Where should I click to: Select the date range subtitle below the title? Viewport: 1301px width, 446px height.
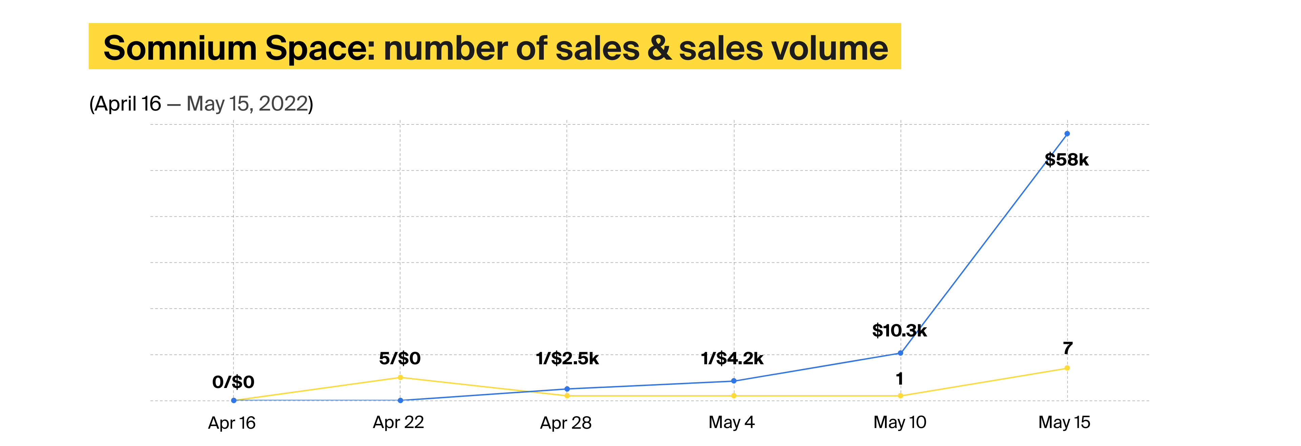click(x=201, y=104)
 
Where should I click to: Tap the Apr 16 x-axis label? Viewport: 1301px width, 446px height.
click(x=232, y=423)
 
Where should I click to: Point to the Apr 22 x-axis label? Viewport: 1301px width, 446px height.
click(x=398, y=422)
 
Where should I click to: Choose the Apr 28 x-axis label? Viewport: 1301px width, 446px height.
click(x=566, y=423)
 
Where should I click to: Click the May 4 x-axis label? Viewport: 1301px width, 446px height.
click(x=731, y=422)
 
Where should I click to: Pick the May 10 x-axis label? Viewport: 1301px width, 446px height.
click(x=900, y=422)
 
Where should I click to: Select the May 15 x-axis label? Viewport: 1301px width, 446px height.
click(x=1064, y=422)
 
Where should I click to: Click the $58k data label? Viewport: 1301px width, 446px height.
click(x=1066, y=160)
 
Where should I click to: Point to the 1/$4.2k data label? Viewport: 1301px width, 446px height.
click(x=732, y=358)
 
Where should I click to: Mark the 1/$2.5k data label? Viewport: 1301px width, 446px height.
click(x=567, y=358)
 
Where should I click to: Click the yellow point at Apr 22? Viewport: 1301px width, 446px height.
click(x=400, y=377)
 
